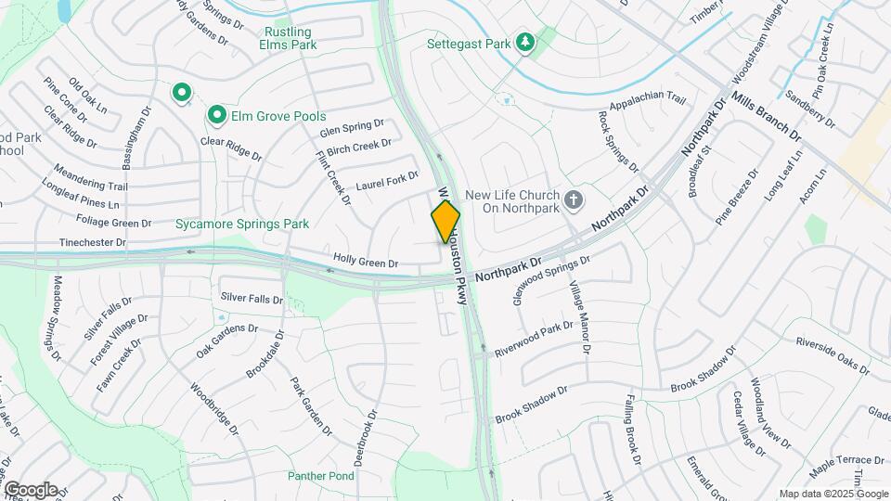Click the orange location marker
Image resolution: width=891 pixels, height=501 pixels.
[x=445, y=222]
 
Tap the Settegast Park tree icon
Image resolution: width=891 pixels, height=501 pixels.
[x=526, y=44]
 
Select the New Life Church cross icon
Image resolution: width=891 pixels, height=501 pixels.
[x=575, y=199]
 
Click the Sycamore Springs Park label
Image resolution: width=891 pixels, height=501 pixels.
[x=242, y=224]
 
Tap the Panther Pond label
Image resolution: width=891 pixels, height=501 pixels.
[x=321, y=476]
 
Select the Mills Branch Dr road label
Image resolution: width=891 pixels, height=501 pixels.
[x=766, y=118]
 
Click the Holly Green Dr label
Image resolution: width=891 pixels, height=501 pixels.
[x=366, y=263]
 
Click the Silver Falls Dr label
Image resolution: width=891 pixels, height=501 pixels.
[x=252, y=298]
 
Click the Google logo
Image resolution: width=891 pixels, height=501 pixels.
[x=30, y=489]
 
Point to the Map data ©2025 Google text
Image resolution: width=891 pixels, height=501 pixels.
[x=833, y=494]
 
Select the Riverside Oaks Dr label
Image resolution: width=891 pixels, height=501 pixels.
[x=833, y=355]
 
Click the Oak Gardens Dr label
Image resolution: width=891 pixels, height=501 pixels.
[x=226, y=328]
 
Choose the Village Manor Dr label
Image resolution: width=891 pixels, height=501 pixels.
[x=578, y=317]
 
